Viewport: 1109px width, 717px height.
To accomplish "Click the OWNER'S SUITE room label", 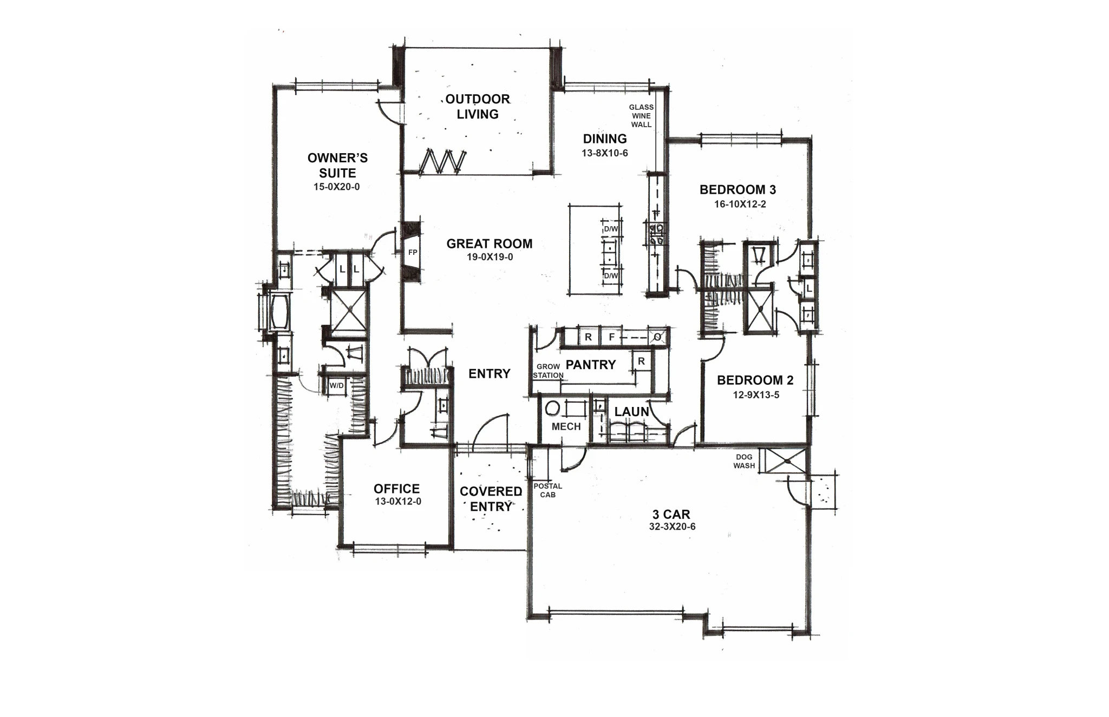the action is pyautogui.click(x=337, y=166).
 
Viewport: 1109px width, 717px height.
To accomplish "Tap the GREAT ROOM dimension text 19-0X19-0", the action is pyautogui.click(x=490, y=257).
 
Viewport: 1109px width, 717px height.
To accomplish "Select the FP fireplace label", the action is pyautogui.click(x=413, y=252).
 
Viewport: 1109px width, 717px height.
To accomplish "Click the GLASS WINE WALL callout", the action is pyautogui.click(x=641, y=116).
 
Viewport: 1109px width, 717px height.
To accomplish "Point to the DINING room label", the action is pyautogui.click(x=605, y=139).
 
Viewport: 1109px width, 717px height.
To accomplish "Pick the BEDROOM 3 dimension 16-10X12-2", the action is pyautogui.click(x=738, y=205).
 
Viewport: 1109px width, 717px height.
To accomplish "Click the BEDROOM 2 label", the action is pyautogui.click(x=755, y=380).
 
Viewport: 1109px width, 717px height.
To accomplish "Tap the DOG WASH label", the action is pyautogui.click(x=744, y=461).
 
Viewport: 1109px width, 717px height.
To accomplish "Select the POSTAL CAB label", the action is pyautogui.click(x=547, y=490).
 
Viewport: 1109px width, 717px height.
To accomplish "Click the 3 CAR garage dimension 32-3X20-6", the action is pyautogui.click(x=671, y=527).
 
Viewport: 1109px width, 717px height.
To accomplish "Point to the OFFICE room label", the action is pyautogui.click(x=396, y=489).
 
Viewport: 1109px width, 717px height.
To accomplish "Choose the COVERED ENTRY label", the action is pyautogui.click(x=491, y=499).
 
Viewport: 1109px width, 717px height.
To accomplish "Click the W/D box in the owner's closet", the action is pyautogui.click(x=336, y=386).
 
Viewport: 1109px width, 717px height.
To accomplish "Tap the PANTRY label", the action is pyautogui.click(x=591, y=365).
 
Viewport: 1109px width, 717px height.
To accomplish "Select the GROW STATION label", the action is pyautogui.click(x=548, y=371).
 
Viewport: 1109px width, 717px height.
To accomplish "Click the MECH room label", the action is pyautogui.click(x=566, y=426).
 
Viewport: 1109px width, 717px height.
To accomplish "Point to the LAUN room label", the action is pyautogui.click(x=631, y=412).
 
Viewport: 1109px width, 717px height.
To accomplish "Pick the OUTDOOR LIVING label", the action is pyautogui.click(x=478, y=107).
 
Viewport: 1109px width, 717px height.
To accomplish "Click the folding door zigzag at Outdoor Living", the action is pyautogui.click(x=443, y=161).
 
